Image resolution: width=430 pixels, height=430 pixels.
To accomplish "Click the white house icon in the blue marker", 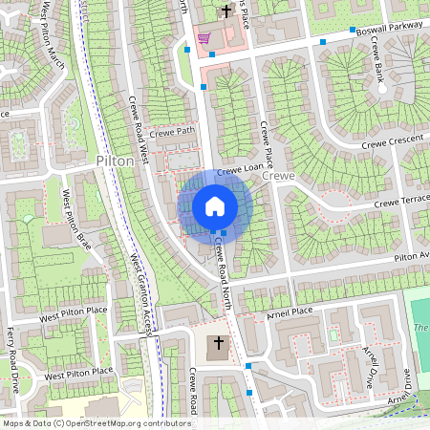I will click(x=215, y=206).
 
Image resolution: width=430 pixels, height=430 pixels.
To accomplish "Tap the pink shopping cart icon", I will click(x=204, y=39).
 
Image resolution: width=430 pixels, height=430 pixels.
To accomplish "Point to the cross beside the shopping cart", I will click(x=226, y=11).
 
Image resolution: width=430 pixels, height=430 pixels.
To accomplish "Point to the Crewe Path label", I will click(x=171, y=131).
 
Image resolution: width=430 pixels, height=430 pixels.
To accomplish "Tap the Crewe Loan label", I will click(x=239, y=168).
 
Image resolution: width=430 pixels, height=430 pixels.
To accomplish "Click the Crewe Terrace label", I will click(x=401, y=202).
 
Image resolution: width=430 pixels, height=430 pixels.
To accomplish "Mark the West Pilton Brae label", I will click(x=76, y=219).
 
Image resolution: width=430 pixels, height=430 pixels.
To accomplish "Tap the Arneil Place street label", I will click(x=290, y=311).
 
